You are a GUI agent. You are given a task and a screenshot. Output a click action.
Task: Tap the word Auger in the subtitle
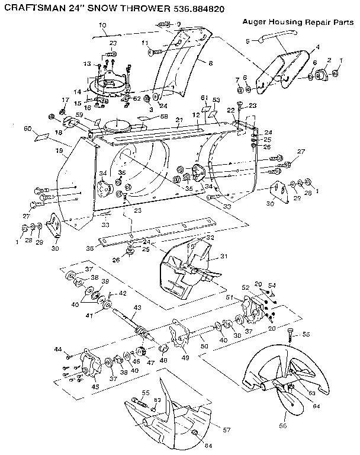coord(255,21)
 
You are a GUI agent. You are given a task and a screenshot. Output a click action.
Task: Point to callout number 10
coord(102,25)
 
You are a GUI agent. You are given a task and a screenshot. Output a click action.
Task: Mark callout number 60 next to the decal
coord(26,129)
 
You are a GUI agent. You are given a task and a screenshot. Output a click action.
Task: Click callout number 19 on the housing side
coord(59,151)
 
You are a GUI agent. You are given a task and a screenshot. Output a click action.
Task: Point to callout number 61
coord(202,97)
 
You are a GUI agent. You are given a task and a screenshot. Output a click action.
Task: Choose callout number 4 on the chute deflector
coord(317,47)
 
